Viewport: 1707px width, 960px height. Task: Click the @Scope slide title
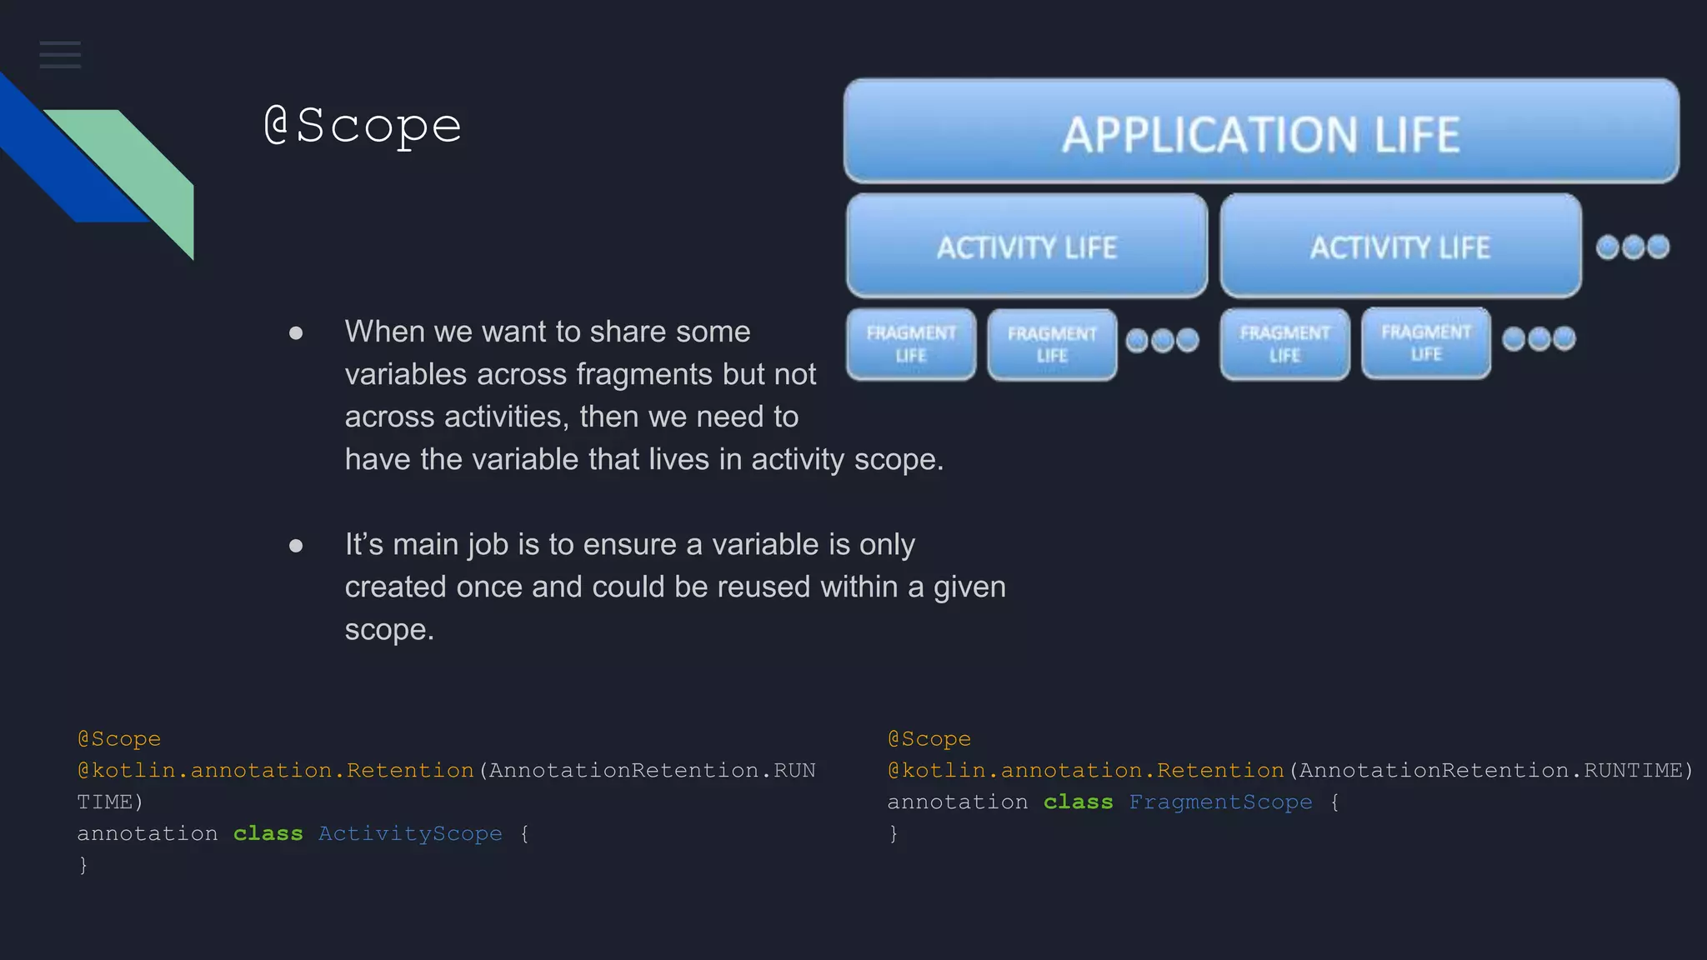coord(363,126)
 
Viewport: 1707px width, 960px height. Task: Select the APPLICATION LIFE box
coord(1260,132)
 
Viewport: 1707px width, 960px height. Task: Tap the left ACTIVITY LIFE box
coord(1026,247)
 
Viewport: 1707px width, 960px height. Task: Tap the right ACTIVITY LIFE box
coord(1399,247)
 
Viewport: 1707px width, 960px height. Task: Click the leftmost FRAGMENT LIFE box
coord(910,344)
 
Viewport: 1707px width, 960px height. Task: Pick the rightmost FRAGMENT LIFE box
coord(1425,342)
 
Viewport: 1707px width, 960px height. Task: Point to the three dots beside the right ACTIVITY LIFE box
coord(1632,247)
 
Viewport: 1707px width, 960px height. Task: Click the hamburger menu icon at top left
coord(60,55)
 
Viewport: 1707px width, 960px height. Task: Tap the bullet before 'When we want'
coord(296,333)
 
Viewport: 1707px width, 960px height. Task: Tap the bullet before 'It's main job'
coord(296,546)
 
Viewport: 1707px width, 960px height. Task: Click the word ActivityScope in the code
coord(410,833)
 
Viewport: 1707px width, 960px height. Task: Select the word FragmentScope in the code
coord(1220,802)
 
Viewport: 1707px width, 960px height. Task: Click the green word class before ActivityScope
coord(268,833)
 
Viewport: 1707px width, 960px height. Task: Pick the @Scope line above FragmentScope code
coord(929,738)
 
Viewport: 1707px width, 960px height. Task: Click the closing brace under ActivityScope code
coord(83,865)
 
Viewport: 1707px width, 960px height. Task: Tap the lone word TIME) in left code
coord(110,802)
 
